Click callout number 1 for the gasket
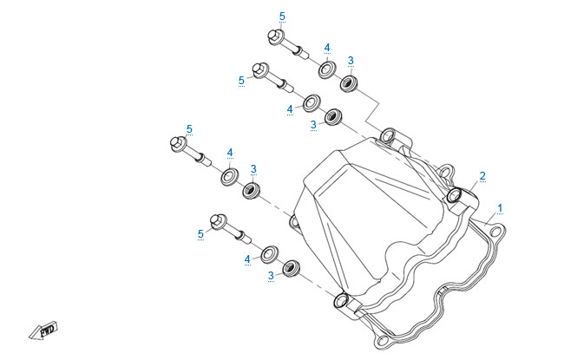pos(499,208)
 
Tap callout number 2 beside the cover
pos(482,176)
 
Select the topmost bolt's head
pos(272,37)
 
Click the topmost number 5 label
pos(281,16)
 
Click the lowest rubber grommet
pos(291,267)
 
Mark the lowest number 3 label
pos(271,275)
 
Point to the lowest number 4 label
pos(246,259)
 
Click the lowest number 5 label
pos(200,233)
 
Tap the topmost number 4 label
pos(327,47)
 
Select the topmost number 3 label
pos(351,60)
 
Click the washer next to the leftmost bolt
pos(229,177)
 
